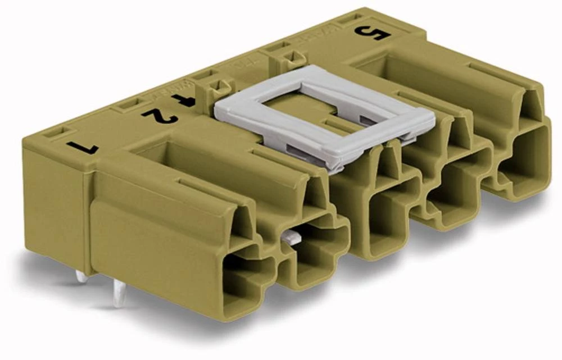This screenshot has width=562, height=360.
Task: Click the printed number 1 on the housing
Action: [82, 148]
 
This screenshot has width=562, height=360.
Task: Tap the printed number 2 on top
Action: [160, 116]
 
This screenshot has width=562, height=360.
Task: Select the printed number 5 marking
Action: [372, 34]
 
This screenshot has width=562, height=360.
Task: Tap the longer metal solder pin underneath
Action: [119, 294]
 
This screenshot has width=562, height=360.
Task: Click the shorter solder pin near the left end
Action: [81, 276]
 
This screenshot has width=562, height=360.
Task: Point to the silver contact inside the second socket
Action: [289, 238]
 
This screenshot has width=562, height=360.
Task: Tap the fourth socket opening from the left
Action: [452, 194]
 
